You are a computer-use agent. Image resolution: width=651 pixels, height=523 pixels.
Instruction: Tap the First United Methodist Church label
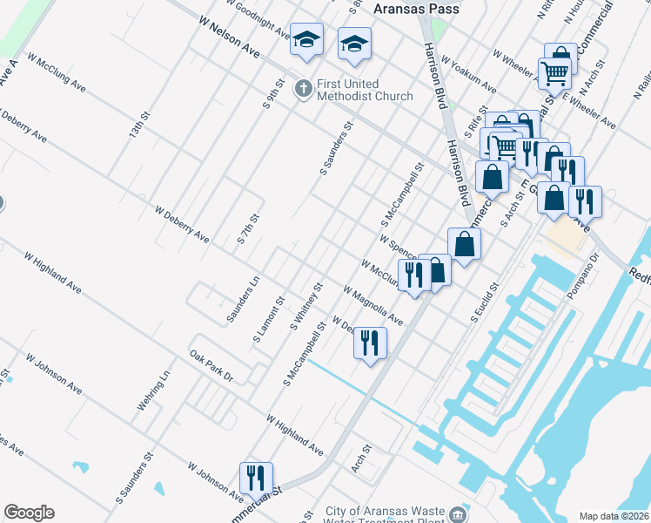click(x=365, y=90)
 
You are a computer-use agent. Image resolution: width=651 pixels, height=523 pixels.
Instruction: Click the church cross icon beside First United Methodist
click(x=303, y=87)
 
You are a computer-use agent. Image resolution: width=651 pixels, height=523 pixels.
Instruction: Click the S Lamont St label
click(x=269, y=320)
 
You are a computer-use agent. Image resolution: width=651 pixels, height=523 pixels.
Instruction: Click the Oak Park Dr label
click(x=211, y=365)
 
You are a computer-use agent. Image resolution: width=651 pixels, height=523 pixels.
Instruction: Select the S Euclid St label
click(x=484, y=301)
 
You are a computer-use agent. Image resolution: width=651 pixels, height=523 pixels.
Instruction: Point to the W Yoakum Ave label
click(x=468, y=76)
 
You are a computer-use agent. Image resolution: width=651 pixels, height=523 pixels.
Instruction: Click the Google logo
click(x=29, y=513)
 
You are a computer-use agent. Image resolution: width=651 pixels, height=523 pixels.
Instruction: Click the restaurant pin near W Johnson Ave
click(x=256, y=478)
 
